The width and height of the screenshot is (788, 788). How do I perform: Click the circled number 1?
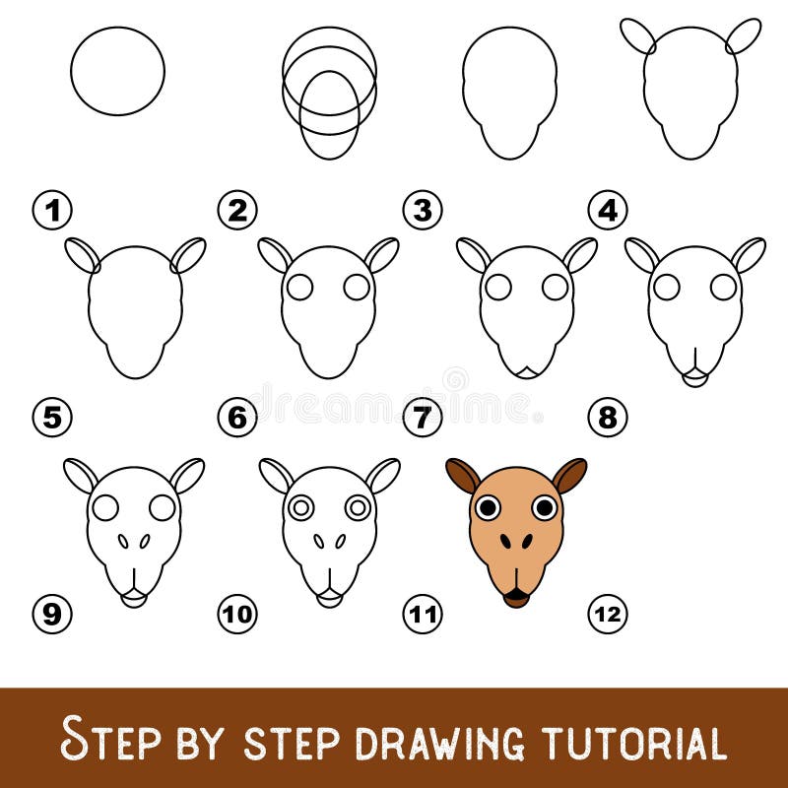click(52, 209)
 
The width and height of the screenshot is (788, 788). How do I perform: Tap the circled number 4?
click(608, 209)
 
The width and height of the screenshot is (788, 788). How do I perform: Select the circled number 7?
click(423, 417)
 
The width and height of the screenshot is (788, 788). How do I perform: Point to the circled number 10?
click(237, 615)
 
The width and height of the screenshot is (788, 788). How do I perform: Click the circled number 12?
click(608, 615)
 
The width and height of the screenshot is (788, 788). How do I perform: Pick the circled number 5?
click(52, 417)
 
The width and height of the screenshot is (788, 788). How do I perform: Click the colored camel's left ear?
click(462, 476)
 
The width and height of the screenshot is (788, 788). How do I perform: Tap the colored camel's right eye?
click(544, 507)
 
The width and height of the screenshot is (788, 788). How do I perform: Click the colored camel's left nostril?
click(504, 541)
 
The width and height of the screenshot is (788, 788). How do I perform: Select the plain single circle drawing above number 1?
click(117, 71)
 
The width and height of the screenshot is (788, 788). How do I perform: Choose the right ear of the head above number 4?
click(744, 36)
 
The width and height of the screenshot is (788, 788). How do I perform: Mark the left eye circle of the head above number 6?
click(300, 287)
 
